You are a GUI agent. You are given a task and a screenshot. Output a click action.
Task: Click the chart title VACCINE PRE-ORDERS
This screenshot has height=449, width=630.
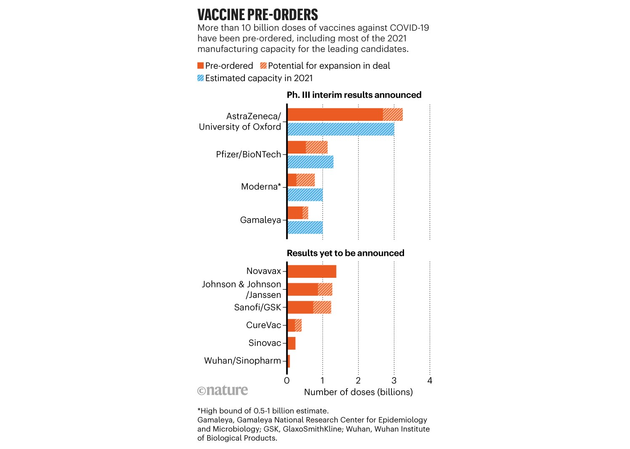click(x=257, y=15)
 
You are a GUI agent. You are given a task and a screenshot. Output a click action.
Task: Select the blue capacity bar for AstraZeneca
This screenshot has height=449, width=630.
click(x=341, y=129)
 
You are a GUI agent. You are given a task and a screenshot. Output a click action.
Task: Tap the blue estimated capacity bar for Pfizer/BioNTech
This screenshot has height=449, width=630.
click(x=310, y=162)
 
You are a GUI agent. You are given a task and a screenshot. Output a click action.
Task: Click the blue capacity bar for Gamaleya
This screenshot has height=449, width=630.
click(x=305, y=227)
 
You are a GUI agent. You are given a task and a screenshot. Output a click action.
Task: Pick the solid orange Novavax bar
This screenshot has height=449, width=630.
click(x=312, y=271)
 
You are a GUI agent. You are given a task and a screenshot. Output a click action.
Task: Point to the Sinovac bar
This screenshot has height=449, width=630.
click(x=291, y=343)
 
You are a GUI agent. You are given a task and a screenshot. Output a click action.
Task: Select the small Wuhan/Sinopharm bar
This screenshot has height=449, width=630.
click(x=289, y=361)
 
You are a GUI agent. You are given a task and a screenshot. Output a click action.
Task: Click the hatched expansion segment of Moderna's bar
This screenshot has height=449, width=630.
click(x=305, y=180)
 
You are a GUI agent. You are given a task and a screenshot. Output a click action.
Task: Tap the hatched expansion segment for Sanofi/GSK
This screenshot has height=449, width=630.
click(x=322, y=307)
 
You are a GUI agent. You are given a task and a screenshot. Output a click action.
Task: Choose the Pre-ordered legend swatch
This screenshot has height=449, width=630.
click(x=201, y=66)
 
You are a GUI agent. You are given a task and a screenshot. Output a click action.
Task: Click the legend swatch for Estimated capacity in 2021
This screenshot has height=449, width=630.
click(x=201, y=78)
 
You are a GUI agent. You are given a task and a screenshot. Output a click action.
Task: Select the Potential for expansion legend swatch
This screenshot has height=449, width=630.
click(x=263, y=66)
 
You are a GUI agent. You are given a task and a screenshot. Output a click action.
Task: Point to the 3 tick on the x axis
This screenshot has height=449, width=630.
click(x=394, y=381)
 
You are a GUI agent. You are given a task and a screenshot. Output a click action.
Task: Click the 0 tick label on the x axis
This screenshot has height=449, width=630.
click(x=287, y=381)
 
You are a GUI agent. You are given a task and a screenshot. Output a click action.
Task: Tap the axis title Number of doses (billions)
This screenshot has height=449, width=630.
click(x=358, y=392)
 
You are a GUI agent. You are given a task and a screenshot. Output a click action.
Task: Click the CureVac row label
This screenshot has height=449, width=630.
click(x=263, y=325)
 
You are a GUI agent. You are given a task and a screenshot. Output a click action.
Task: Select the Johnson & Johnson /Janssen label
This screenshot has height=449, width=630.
click(x=241, y=290)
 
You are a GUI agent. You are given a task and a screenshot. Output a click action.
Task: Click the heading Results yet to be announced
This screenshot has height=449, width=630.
click(x=345, y=253)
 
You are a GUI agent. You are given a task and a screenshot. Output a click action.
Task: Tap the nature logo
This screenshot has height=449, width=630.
click(x=223, y=390)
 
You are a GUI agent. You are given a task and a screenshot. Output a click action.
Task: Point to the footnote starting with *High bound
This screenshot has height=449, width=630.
click(x=263, y=411)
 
